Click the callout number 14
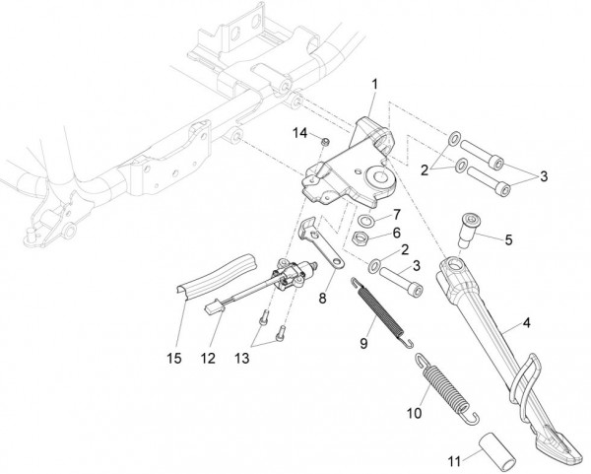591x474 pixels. point(300,133)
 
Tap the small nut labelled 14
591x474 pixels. point(325,142)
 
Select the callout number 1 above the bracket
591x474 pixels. point(374,85)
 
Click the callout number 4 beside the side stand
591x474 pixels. point(526,323)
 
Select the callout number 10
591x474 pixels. point(415,413)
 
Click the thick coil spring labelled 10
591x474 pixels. point(446,388)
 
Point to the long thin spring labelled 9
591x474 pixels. point(381,312)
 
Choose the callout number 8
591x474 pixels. point(323,299)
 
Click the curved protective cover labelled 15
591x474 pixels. point(215,276)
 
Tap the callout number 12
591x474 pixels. point(208,359)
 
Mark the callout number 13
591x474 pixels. point(242,359)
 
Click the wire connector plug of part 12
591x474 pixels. point(214,307)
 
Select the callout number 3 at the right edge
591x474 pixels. point(544,176)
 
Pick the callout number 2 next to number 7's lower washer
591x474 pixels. point(405,249)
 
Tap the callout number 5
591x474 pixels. point(508,239)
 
